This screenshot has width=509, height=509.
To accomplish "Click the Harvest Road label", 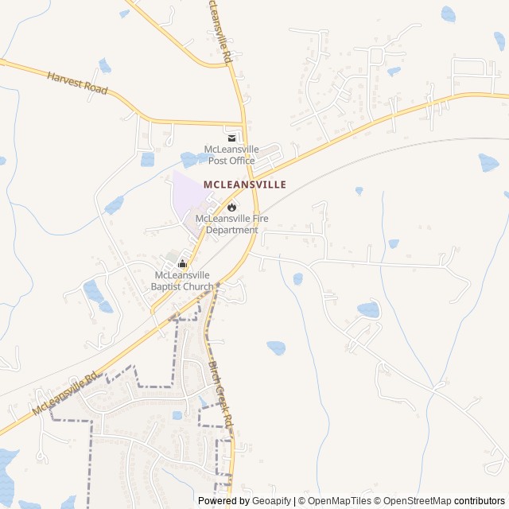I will coord(77,84).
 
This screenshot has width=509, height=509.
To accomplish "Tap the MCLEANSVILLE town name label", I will coord(245,184).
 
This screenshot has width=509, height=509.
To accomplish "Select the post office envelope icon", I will coord(231,138).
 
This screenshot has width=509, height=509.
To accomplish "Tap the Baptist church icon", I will coord(182,264).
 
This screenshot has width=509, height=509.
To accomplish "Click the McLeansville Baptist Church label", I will coord(184,281).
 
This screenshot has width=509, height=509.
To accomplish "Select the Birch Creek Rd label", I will coord(220,393).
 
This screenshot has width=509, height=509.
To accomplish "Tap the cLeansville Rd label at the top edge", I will coord(219,32).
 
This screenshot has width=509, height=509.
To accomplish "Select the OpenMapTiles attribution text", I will coord(340,501).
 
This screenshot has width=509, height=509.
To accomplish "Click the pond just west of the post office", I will coord(191,158).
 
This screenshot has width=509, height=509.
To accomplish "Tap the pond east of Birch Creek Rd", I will coord(276,348).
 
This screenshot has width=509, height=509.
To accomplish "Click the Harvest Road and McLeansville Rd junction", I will coord(243,124).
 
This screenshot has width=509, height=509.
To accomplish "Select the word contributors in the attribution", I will coord(480,501).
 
